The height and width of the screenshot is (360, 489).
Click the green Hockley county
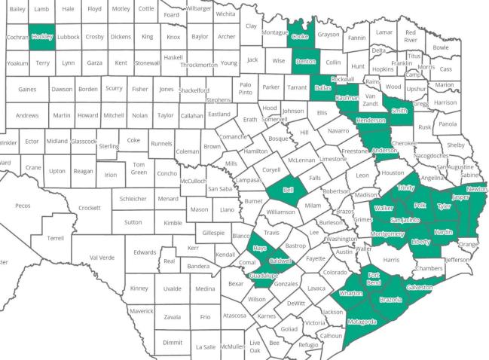click(41, 36)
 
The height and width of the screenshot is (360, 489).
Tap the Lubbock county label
click(68, 36)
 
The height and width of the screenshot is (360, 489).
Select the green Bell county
click(288, 191)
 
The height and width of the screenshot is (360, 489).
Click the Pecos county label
click(23, 206)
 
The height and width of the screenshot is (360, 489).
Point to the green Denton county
click(305, 61)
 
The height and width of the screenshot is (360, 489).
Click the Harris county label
click(390, 260)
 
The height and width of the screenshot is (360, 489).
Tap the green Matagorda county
click(362, 322)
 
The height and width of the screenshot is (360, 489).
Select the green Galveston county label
click(420, 288)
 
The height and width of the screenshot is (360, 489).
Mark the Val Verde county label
click(102, 257)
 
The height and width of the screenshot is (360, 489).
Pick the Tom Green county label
click(139, 169)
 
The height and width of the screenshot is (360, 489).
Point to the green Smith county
click(399, 110)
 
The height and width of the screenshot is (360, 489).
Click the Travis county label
click(272, 233)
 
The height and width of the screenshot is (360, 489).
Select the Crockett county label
click(89, 208)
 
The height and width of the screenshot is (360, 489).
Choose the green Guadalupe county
click(264, 276)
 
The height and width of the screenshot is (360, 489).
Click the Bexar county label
click(236, 284)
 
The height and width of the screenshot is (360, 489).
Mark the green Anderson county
click(384, 150)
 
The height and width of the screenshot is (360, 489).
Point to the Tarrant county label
click(297, 87)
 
